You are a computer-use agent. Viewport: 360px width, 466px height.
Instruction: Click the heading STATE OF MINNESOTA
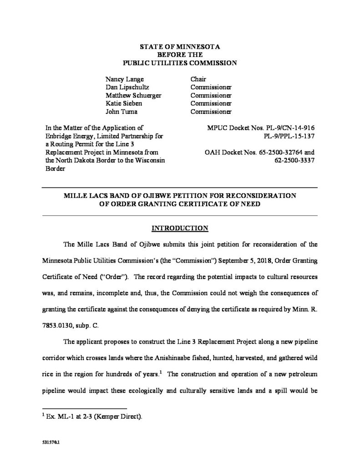(179, 46)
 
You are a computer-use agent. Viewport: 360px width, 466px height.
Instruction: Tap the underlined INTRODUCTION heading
(180, 228)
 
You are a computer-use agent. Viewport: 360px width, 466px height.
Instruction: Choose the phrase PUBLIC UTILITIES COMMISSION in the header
(179, 63)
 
